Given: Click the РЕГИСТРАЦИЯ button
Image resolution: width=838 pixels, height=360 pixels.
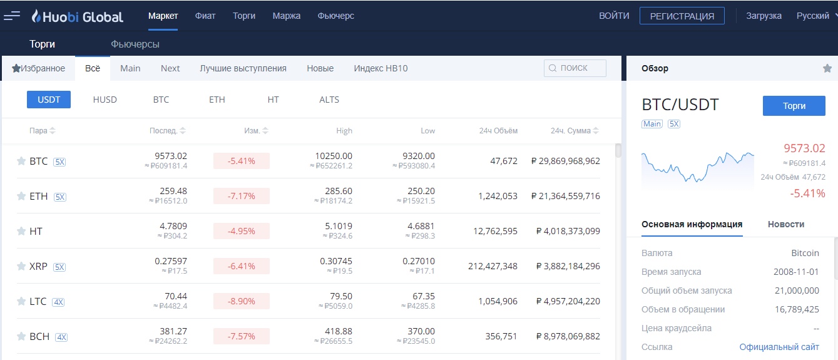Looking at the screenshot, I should (682, 16).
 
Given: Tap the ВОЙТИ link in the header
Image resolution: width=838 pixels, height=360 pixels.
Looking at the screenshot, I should (614, 16).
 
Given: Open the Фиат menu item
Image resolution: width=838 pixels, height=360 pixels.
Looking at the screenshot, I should (205, 16).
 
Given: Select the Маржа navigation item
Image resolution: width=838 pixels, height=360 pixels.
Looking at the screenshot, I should (287, 16).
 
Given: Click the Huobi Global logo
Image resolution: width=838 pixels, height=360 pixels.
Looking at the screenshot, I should (78, 16).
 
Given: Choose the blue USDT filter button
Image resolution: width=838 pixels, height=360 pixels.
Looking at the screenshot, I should (49, 100).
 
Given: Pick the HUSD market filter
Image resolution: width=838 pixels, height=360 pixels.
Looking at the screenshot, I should (105, 100).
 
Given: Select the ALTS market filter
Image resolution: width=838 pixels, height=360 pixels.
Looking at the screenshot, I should (329, 100).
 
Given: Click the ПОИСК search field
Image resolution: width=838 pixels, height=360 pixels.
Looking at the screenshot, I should (575, 68).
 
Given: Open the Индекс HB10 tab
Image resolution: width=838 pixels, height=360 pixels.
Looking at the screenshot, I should (381, 68).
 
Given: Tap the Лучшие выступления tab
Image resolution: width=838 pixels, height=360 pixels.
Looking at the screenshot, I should (243, 68).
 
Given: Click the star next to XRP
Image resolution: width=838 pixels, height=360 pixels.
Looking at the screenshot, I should (21, 266).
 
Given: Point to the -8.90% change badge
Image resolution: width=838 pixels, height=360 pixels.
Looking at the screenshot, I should (242, 301).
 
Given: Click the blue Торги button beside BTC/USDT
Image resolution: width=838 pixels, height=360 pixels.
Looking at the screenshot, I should (794, 106).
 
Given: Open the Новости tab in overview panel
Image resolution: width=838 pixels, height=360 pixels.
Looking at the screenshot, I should (786, 224).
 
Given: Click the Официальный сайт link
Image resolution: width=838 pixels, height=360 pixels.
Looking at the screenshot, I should (779, 347).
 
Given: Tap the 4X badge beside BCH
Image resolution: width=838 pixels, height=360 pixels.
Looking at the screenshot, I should (61, 337).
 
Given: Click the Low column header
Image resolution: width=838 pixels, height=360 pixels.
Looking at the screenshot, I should (427, 131).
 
